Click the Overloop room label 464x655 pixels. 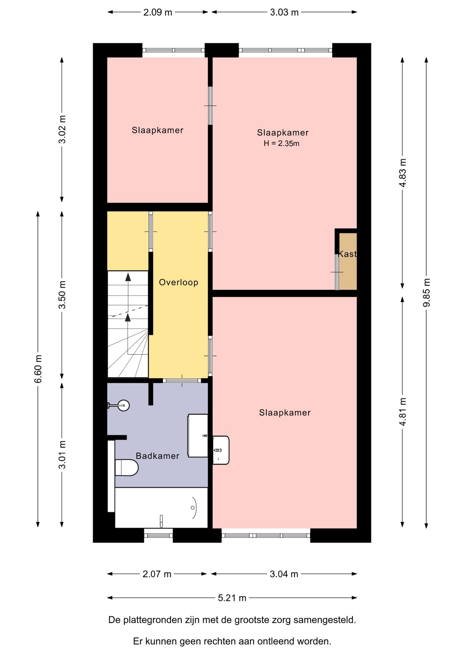click(178, 282)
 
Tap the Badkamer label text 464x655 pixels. click(158, 456)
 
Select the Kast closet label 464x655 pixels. click(347, 254)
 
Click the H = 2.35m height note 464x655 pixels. click(282, 143)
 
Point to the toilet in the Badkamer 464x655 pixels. click(126, 467)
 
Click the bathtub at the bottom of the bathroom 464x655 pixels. click(161, 507)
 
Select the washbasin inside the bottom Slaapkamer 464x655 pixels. click(221, 450)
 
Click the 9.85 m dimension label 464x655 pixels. click(426, 293)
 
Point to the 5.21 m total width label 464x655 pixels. click(232, 598)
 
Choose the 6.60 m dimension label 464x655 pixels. click(38, 368)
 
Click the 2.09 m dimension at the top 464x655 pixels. click(158, 12)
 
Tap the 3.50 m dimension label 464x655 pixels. click(62, 295)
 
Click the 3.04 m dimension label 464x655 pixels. click(284, 574)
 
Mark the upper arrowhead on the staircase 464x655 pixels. click(128, 277)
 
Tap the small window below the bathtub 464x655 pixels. click(159, 535)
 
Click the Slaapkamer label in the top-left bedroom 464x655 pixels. click(158, 130)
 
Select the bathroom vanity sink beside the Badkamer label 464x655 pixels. click(198, 436)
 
